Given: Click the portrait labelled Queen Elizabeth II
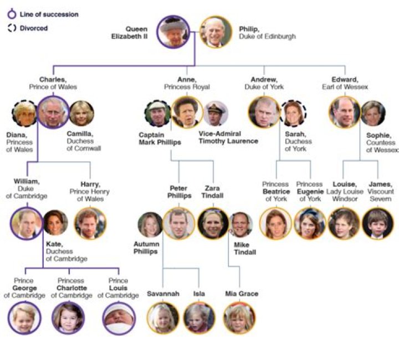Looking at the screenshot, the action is (x=173, y=32).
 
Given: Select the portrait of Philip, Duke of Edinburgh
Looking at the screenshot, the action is (x=216, y=32).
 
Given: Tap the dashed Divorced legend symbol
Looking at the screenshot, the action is (x=12, y=28).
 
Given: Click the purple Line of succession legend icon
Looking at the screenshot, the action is (x=12, y=14).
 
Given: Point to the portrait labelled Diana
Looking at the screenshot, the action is (x=24, y=114).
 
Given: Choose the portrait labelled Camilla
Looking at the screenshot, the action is (x=81, y=114).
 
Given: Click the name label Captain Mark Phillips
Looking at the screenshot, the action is (x=160, y=138).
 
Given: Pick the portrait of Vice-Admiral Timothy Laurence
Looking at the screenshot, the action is (x=216, y=114).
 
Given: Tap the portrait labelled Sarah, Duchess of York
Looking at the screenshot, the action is (x=293, y=114).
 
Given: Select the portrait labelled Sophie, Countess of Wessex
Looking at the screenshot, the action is (x=373, y=114).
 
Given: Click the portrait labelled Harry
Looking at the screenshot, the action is (x=90, y=223).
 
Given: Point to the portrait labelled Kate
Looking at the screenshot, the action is (x=55, y=223).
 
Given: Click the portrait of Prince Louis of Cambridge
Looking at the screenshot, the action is (x=119, y=318).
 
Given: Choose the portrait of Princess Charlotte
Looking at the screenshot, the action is (x=68, y=318).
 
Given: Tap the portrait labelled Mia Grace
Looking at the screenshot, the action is (x=239, y=318).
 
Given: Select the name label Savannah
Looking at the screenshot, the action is (x=163, y=294).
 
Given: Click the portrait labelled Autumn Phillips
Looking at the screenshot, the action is (x=150, y=224).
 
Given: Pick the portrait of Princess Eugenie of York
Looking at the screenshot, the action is (x=310, y=223).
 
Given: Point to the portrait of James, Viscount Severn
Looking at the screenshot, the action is (x=377, y=223).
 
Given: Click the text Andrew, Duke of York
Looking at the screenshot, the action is (x=264, y=83).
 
